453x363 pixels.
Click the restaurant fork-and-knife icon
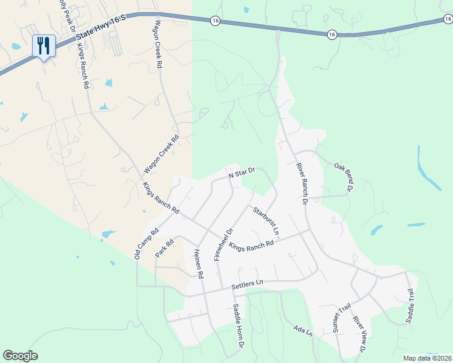coord(44,45)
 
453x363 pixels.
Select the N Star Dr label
coord(242,173)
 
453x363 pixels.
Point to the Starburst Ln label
coord(267,221)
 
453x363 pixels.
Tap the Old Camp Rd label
coord(146,243)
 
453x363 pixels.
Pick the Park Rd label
coord(164,248)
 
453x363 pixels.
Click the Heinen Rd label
coord(199,264)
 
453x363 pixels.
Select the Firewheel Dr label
coord(223,244)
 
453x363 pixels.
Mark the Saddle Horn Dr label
coord(238,325)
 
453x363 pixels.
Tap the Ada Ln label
coord(302,330)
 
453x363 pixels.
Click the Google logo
coord(20,356)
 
